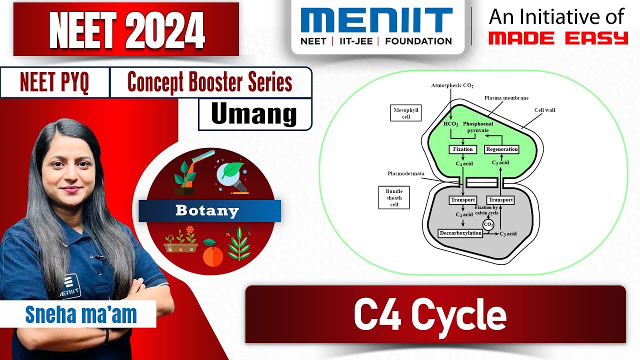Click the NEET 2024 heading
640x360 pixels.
126,29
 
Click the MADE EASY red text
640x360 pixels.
558,38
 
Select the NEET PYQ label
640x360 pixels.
54,82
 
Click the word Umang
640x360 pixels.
254,114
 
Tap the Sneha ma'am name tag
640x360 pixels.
81,314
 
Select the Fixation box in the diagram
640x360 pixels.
462,149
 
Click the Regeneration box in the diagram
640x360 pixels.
501,149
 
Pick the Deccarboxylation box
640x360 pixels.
460,233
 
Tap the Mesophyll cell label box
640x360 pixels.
405,113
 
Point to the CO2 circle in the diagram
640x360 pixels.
488,224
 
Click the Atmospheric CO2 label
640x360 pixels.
452,85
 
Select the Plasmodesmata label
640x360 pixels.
406,174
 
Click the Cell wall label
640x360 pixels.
544,110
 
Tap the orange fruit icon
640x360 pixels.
212,255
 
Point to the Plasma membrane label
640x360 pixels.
506,98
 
